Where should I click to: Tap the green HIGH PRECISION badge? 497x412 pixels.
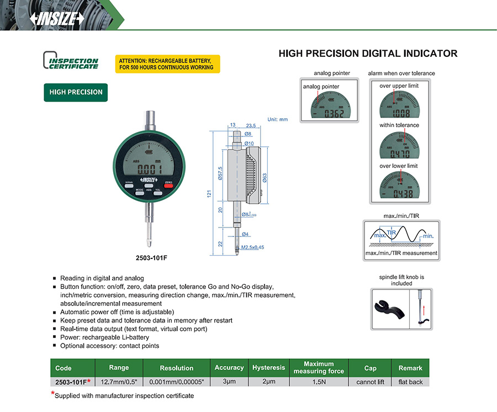pyautogui.click(x=76, y=92)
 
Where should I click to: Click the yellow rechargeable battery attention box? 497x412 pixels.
pyautogui.click(x=167, y=64)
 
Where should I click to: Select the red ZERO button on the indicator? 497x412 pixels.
pyautogui.click(x=168, y=186)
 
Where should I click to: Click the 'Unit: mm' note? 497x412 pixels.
pyautogui.click(x=278, y=119)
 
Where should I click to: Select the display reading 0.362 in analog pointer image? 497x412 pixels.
pyautogui.click(x=333, y=114)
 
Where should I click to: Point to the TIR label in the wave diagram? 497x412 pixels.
pyautogui.click(x=392, y=233)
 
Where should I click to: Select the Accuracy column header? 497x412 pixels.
pyautogui.click(x=229, y=368)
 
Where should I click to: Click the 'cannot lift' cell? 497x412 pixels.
pyautogui.click(x=370, y=382)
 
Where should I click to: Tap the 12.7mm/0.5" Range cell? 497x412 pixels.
pyautogui.click(x=119, y=382)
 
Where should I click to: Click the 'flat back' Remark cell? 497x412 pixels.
pyautogui.click(x=410, y=382)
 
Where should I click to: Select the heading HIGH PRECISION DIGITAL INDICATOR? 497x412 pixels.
pyautogui.click(x=368, y=54)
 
